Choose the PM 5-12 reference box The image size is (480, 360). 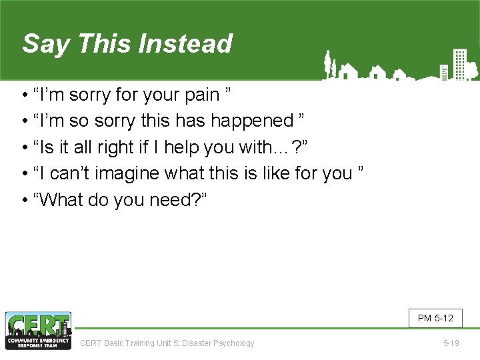pyautogui.click(x=435, y=318)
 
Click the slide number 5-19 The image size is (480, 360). pyautogui.click(x=451, y=343)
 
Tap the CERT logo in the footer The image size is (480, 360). pyautogui.click(x=38, y=331)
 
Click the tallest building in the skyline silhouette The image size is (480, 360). pyautogui.click(x=459, y=63)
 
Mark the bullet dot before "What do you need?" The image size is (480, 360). pyautogui.click(x=25, y=200)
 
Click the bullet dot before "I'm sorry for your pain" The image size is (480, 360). pyautogui.click(x=25, y=95)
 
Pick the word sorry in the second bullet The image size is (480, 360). pyautogui.click(x=93, y=121)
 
